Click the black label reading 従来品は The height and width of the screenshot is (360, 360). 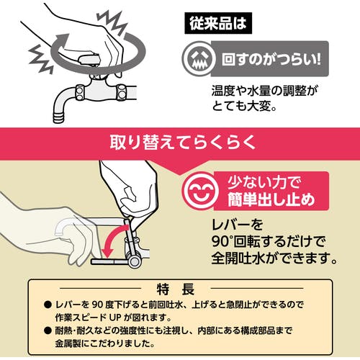click(218, 23)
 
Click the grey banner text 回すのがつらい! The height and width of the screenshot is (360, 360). click(271, 59)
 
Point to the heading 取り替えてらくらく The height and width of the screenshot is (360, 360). click(182, 143)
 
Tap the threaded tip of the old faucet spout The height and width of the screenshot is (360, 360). click(59, 117)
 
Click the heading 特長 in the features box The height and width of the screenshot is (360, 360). click(176, 289)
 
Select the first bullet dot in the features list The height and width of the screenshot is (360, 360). click(48, 305)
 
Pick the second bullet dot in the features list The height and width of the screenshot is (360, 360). click(48, 331)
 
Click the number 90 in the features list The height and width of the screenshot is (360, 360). click(97, 305)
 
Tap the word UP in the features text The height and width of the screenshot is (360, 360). click(115, 318)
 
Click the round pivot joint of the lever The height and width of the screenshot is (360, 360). click(135, 261)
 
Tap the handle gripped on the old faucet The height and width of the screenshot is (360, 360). click(89, 59)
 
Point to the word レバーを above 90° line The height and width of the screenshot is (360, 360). click(238, 225)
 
